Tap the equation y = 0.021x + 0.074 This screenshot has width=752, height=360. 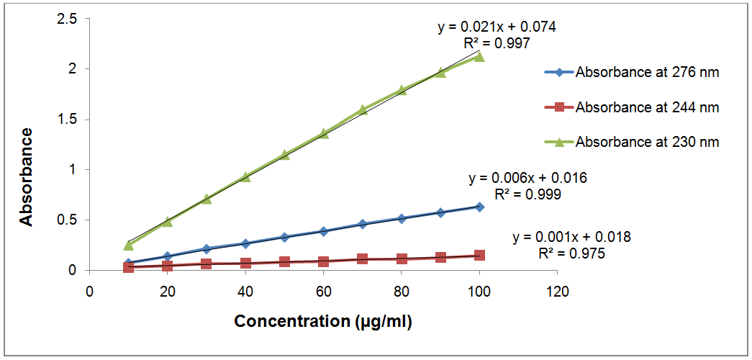497,27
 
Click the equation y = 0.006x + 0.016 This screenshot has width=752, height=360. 527,178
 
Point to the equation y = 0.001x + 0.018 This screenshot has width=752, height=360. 571,237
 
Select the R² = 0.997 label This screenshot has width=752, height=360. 497,43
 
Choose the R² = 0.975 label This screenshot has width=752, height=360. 571,253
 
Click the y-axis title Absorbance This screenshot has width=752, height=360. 27,176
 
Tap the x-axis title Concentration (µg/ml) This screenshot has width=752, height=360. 323,320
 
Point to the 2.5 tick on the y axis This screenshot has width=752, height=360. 68,19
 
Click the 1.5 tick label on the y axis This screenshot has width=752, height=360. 68,120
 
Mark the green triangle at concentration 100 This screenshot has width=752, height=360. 479,56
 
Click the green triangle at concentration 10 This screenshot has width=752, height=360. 128,246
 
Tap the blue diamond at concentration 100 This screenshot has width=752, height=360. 479,207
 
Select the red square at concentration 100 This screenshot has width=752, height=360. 479,255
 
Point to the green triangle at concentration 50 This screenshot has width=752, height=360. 284,155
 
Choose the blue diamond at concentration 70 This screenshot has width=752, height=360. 362,224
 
